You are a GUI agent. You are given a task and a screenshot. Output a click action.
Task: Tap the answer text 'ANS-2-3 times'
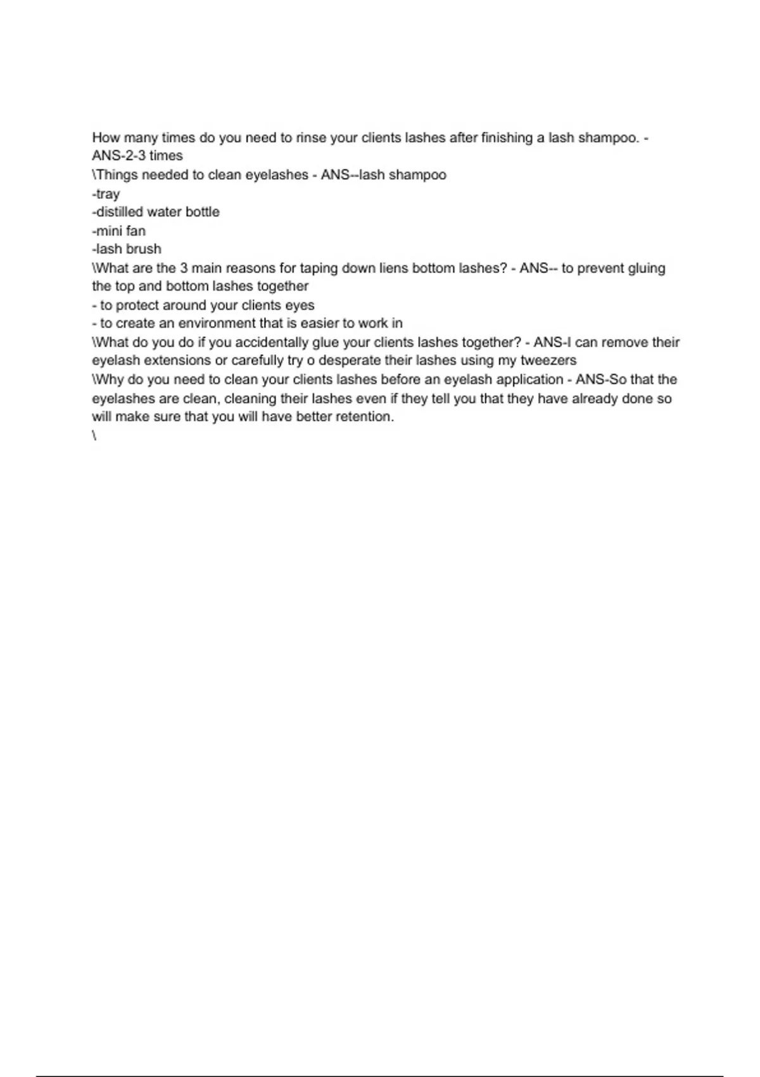click(x=137, y=156)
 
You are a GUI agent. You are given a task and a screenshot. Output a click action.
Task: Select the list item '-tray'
click(x=106, y=194)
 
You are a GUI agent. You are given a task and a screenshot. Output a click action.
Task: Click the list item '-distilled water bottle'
click(x=156, y=212)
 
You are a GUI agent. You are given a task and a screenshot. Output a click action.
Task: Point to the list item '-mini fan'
click(x=119, y=231)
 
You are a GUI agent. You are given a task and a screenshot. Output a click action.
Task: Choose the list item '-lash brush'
click(x=127, y=249)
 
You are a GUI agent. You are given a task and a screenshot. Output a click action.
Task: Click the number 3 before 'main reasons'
click(x=184, y=269)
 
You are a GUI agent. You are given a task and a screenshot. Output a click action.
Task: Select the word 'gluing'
click(x=647, y=269)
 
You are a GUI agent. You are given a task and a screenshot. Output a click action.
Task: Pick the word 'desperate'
click(x=350, y=361)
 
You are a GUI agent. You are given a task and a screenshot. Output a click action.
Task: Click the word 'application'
click(x=521, y=380)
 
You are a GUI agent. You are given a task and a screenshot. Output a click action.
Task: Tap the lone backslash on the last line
click(x=94, y=436)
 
